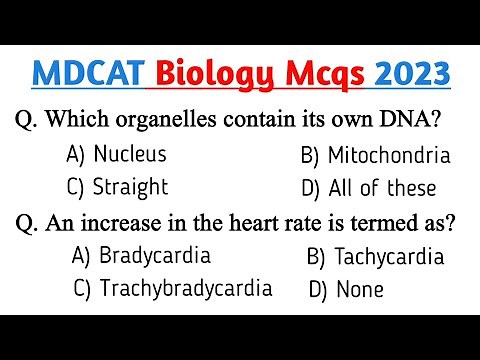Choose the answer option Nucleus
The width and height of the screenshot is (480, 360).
(129, 154)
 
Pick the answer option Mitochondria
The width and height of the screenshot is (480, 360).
(389, 155)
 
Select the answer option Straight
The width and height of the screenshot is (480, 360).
(130, 187)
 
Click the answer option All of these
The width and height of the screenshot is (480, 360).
(383, 188)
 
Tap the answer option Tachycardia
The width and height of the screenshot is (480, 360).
(389, 257)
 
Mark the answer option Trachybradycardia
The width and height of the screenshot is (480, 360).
(186, 289)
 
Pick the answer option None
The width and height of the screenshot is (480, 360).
(360, 291)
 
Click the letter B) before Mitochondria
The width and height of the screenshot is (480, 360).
(311, 155)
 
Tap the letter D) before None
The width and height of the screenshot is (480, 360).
(319, 291)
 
